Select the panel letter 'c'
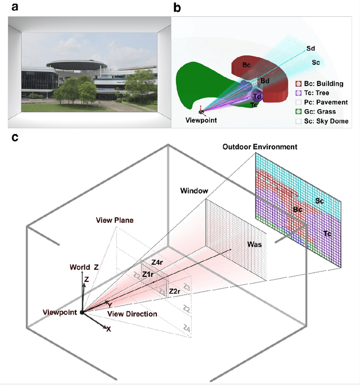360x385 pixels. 12,137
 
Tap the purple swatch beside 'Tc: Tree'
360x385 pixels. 299,93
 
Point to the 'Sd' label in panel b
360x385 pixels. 310,48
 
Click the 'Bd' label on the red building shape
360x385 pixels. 264,81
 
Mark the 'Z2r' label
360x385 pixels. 174,291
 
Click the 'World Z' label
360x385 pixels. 83,267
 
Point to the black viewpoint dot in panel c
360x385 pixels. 83,312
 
